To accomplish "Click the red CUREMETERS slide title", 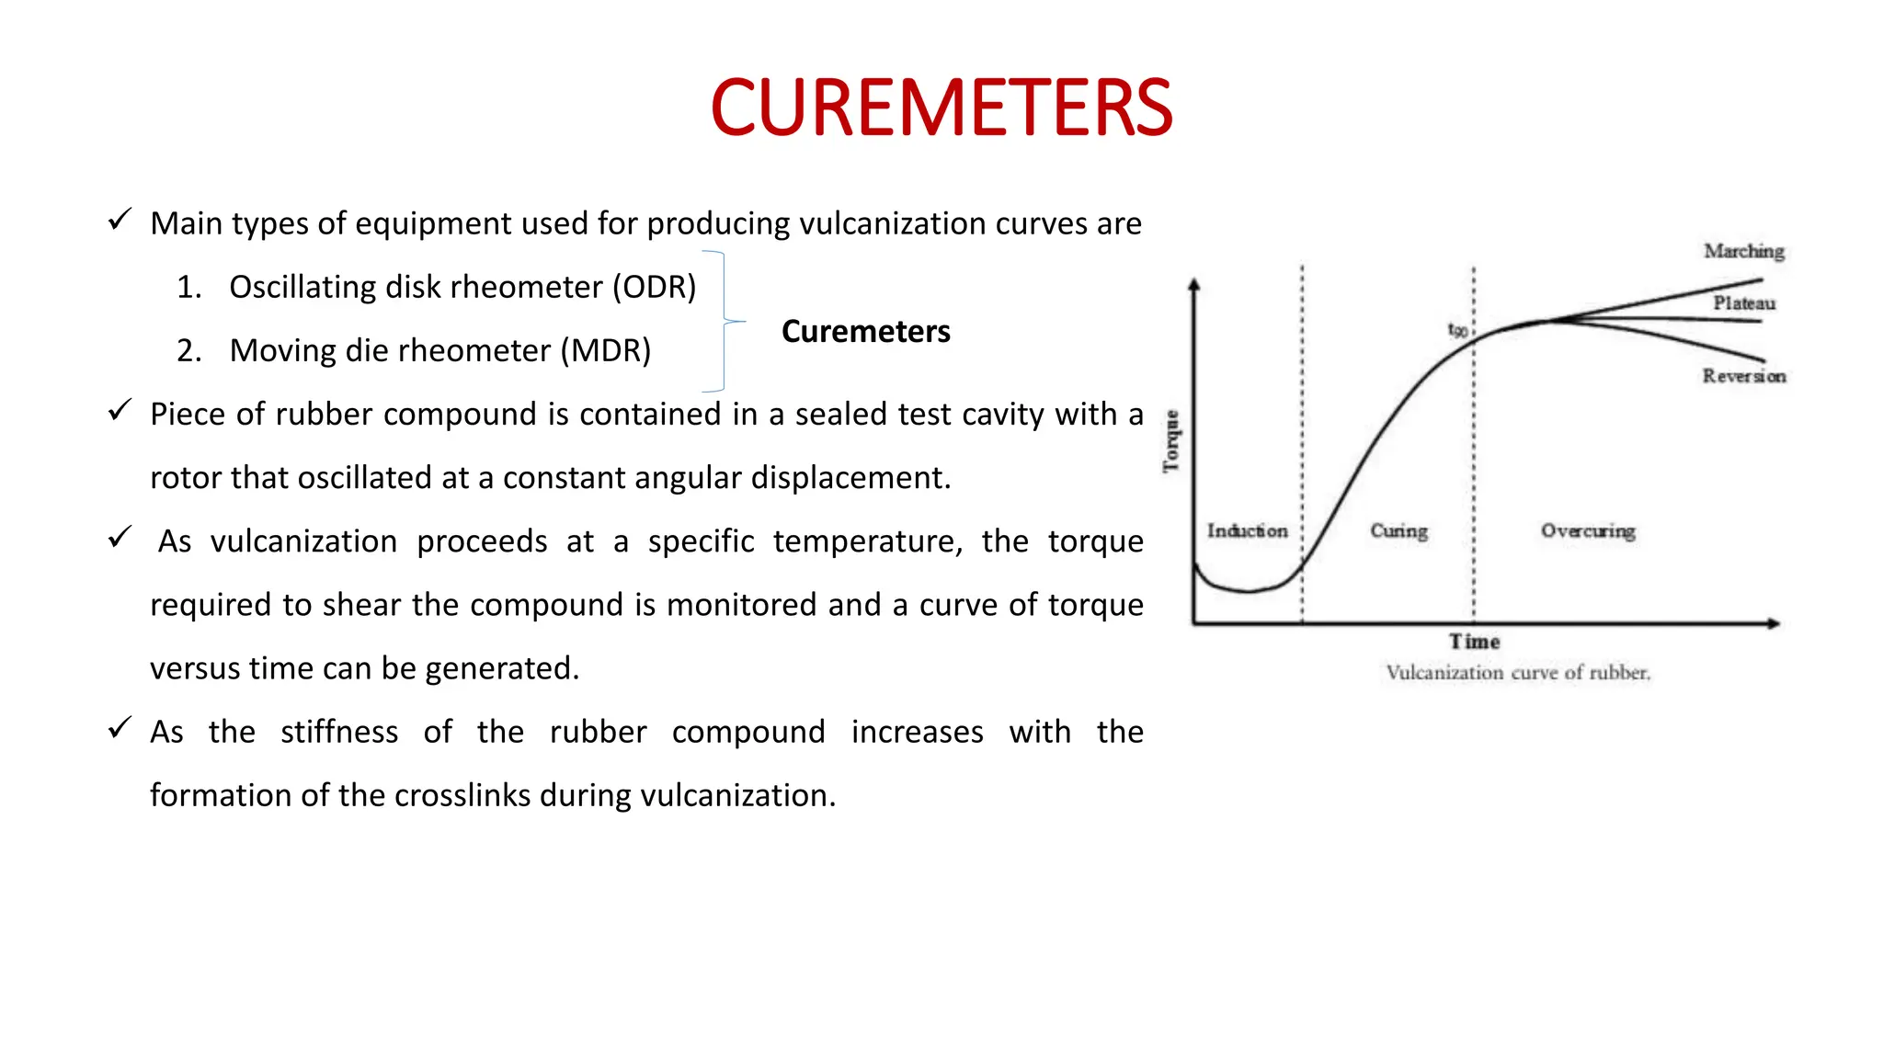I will pyautogui.click(x=941, y=108).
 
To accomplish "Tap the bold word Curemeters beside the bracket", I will pyautogui.click(x=865, y=331).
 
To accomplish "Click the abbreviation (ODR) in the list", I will pyautogui.click(x=655, y=287).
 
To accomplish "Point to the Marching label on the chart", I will pyautogui.click(x=1743, y=251).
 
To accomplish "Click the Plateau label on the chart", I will pyautogui.click(x=1743, y=303).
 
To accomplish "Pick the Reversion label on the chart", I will pyautogui.click(x=1743, y=376).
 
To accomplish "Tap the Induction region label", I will pyautogui.click(x=1247, y=531).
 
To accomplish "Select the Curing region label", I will pyautogui.click(x=1398, y=531).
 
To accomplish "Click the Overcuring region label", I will pyautogui.click(x=1588, y=531).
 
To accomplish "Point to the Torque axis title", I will pyautogui.click(x=1170, y=441).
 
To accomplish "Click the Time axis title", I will pyautogui.click(x=1474, y=642).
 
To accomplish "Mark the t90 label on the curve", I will pyautogui.click(x=1457, y=329).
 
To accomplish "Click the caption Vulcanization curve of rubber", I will pyautogui.click(x=1518, y=673).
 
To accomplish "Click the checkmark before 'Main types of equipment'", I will pyautogui.click(x=120, y=220).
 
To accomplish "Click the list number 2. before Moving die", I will pyautogui.click(x=188, y=350).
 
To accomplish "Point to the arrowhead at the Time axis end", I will pyautogui.click(x=1774, y=623).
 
